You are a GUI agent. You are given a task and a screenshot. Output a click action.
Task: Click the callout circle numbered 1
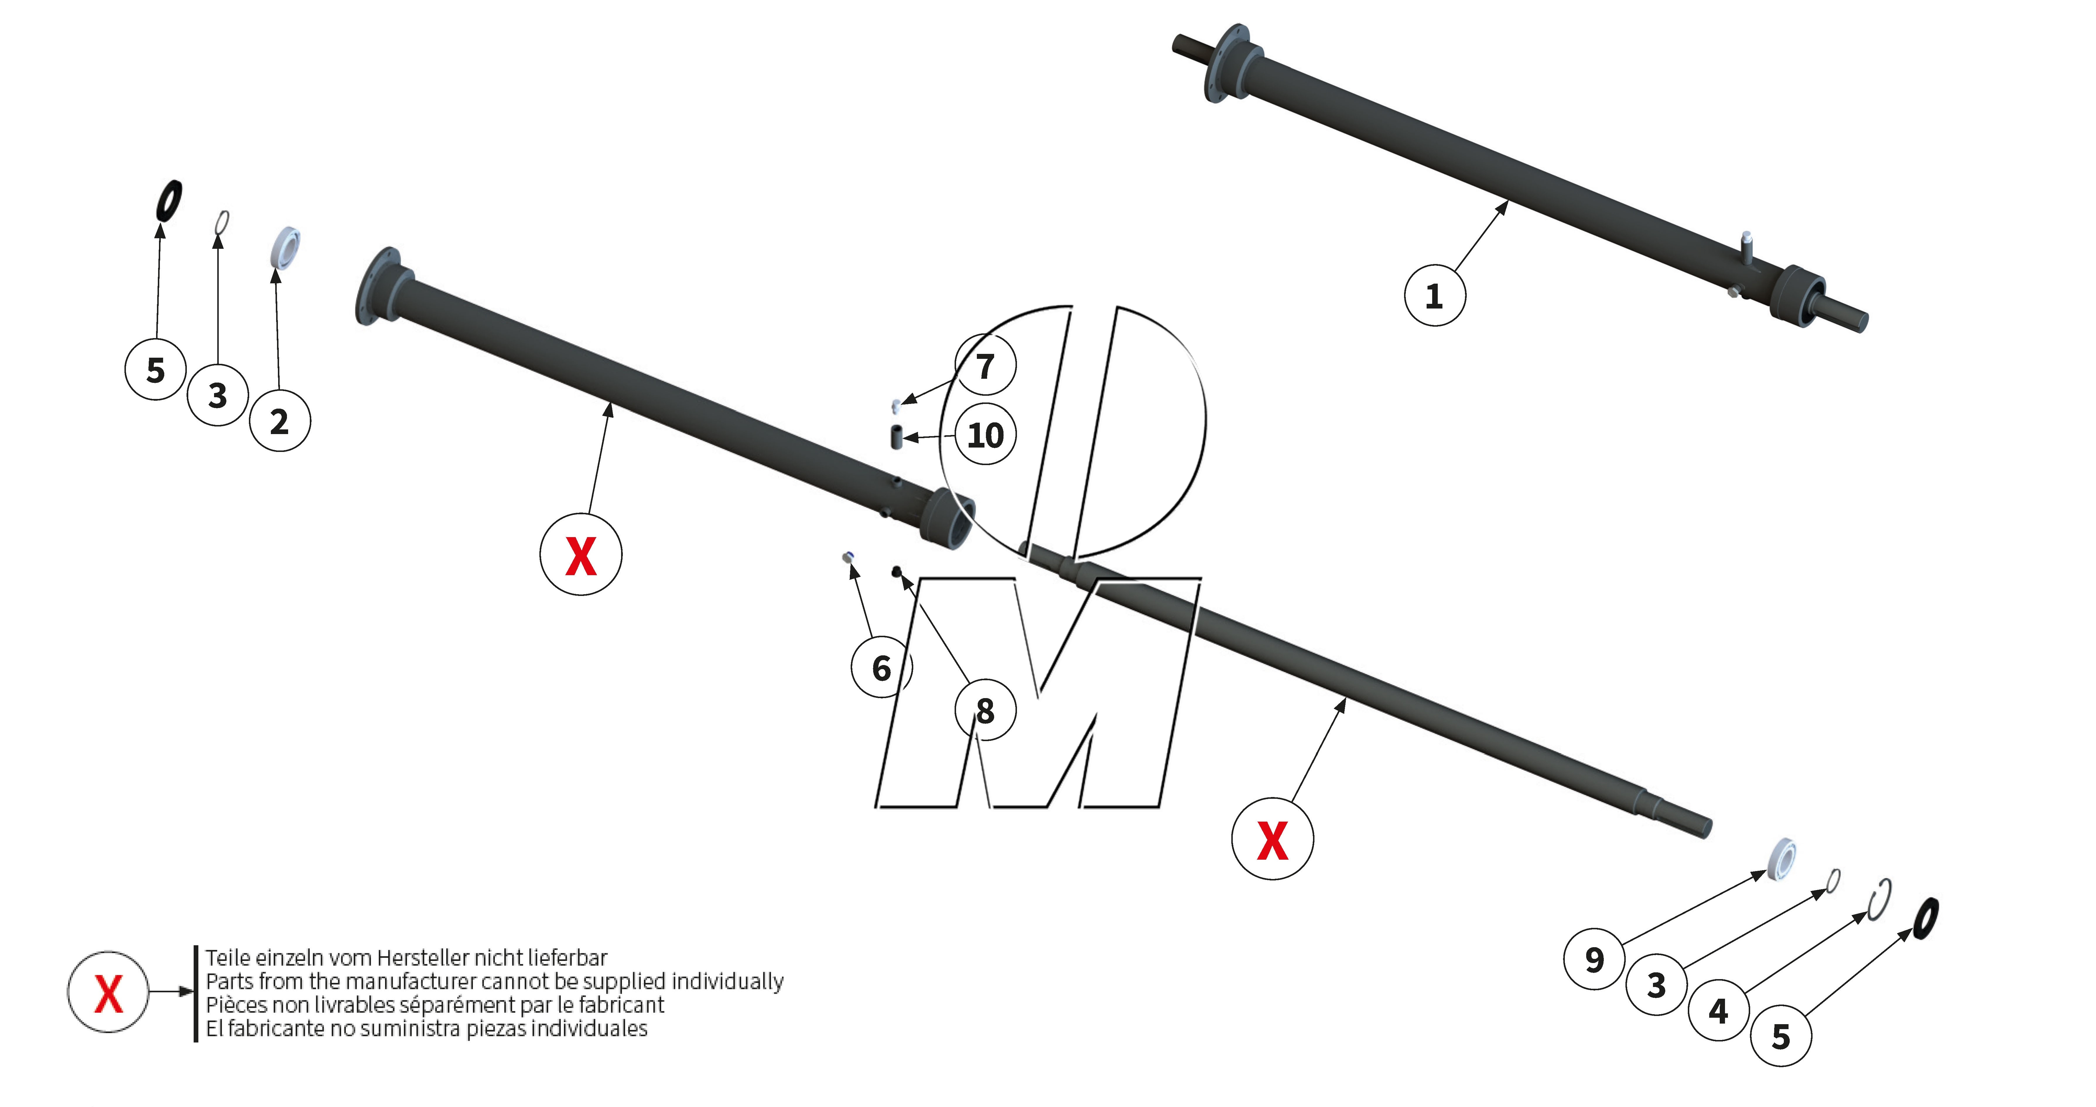pyautogui.click(x=1435, y=295)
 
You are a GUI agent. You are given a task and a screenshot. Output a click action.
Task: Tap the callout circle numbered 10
pyautogui.click(x=985, y=434)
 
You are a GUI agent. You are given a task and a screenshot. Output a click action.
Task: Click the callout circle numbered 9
pyautogui.click(x=1594, y=959)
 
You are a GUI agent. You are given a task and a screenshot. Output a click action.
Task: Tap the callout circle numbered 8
pyautogui.click(x=985, y=710)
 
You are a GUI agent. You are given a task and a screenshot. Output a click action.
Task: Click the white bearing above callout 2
pyautogui.click(x=285, y=248)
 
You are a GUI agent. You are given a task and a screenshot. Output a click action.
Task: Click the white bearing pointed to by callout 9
pyautogui.click(x=1782, y=858)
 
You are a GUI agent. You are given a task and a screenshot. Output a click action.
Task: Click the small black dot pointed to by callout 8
pyautogui.click(x=896, y=571)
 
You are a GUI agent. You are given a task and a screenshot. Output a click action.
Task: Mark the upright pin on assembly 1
pyautogui.click(x=1746, y=248)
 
